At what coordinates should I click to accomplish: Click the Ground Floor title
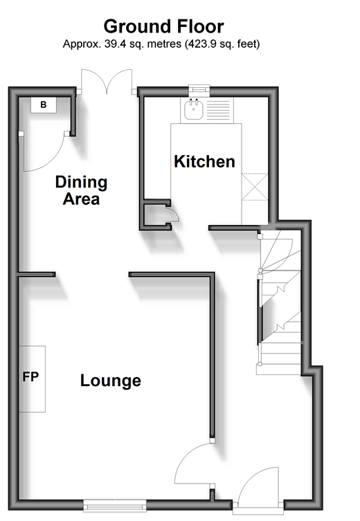[x=163, y=26]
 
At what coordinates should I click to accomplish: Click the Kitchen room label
[x=204, y=161]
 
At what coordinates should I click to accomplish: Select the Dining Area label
[x=82, y=190]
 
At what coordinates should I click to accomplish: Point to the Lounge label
[x=111, y=381]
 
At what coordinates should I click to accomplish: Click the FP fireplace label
[x=30, y=377]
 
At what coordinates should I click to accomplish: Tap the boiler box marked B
[x=44, y=105]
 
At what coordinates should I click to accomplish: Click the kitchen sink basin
[x=193, y=109]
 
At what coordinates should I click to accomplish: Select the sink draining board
[x=218, y=110]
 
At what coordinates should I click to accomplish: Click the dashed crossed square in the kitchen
[x=255, y=187]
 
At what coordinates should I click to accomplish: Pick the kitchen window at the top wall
[x=199, y=89]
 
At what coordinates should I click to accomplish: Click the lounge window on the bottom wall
[x=115, y=505]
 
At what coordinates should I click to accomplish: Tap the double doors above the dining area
[x=107, y=82]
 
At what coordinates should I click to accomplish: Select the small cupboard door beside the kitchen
[x=174, y=214]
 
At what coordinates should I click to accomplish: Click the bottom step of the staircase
[x=278, y=369]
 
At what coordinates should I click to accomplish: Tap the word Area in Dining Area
[x=82, y=199]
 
